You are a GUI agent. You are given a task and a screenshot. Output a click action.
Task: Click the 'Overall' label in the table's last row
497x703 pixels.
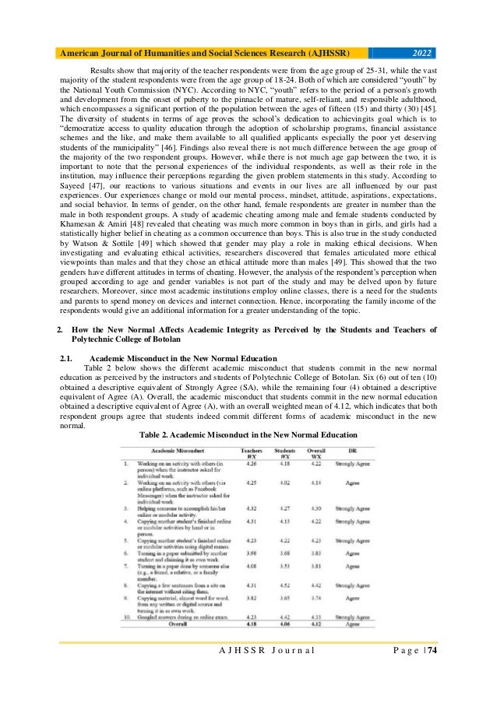point(182,645)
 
